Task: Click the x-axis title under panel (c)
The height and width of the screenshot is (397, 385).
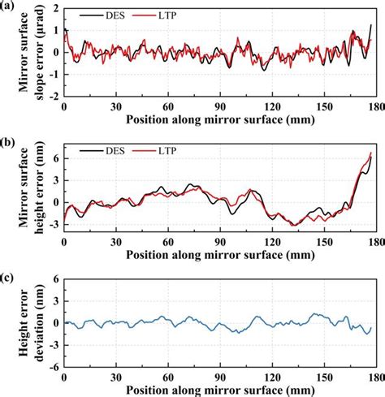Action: [218, 390]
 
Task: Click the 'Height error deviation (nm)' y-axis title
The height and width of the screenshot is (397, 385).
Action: [24, 323]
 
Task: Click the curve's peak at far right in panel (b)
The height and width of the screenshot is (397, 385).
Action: [372, 153]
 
